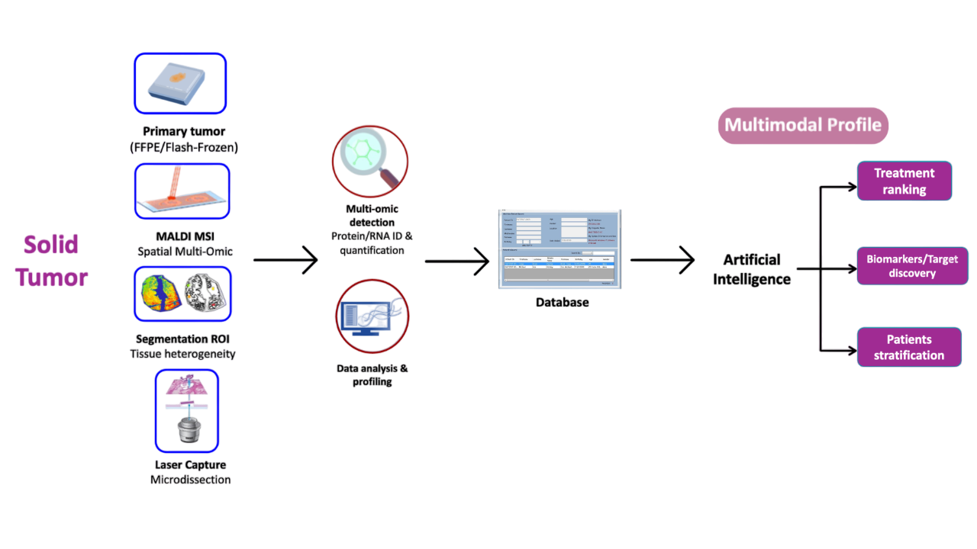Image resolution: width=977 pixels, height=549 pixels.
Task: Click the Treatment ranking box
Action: click(904, 181)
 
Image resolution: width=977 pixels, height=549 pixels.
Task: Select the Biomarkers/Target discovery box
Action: click(912, 266)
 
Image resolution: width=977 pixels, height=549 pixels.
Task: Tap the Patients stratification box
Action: click(909, 347)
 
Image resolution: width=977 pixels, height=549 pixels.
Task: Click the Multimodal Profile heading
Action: click(803, 125)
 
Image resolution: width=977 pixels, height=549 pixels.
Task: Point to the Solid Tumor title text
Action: click(52, 261)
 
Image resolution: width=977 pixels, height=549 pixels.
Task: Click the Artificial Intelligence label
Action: click(752, 269)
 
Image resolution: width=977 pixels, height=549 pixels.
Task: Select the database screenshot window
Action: click(559, 249)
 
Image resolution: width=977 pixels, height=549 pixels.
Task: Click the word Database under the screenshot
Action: click(562, 302)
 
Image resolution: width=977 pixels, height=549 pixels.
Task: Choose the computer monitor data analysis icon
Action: click(372, 316)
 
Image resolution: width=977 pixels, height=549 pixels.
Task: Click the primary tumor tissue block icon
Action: click(180, 83)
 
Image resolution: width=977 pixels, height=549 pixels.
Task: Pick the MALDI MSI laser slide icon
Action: click(182, 191)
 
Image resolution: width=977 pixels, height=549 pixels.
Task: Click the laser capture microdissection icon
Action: click(187, 411)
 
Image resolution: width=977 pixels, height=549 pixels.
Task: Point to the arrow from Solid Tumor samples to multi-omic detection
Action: click(285, 260)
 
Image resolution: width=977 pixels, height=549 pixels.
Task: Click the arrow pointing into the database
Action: click(456, 262)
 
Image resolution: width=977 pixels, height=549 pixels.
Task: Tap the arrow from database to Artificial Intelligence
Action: click(662, 260)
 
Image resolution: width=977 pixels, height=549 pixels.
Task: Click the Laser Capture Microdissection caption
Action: click(191, 472)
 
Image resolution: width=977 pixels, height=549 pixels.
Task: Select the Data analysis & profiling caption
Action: click(372, 374)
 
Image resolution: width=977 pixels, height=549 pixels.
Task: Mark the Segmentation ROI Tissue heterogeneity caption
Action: click(182, 346)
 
